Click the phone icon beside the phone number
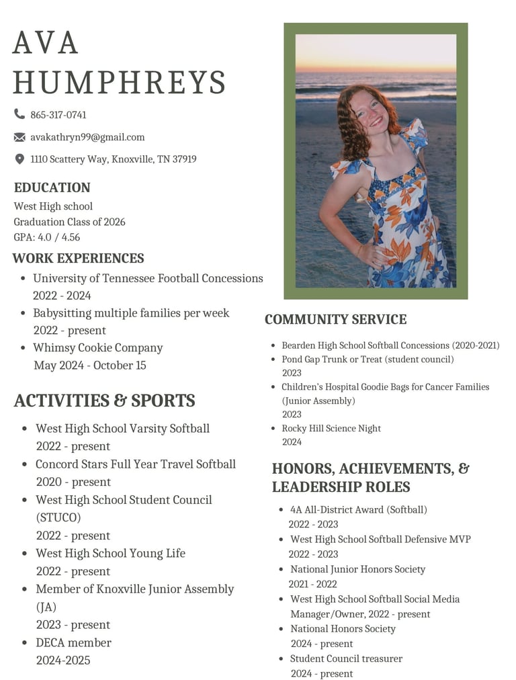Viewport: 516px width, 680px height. (x=19, y=114)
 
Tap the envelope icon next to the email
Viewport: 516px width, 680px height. (x=19, y=137)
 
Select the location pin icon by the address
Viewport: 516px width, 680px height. (x=19, y=159)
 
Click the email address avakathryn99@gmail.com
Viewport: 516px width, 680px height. (x=87, y=137)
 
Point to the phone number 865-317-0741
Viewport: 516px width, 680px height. (x=58, y=115)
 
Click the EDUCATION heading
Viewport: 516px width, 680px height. (x=52, y=187)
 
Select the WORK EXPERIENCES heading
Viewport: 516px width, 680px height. (x=78, y=258)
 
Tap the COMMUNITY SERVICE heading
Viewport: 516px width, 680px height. (x=335, y=319)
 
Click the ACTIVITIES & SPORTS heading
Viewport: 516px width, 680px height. (x=104, y=400)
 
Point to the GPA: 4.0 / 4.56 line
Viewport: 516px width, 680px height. (x=47, y=237)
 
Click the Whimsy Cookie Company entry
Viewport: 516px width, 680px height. (x=98, y=347)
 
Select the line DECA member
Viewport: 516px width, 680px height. (x=73, y=642)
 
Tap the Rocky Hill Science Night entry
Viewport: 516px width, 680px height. (x=331, y=428)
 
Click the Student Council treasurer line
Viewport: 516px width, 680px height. (x=346, y=658)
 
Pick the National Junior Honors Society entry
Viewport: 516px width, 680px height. (x=357, y=569)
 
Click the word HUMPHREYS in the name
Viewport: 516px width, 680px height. (x=119, y=82)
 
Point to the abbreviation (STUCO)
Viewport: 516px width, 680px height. (x=58, y=517)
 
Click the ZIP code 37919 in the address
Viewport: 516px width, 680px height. (x=184, y=159)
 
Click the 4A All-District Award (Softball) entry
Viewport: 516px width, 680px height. (x=358, y=509)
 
